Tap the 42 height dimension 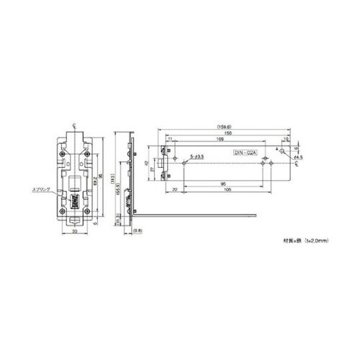pos(148,163)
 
